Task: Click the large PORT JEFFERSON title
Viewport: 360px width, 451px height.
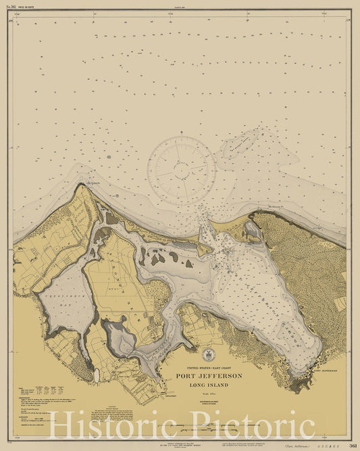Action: point(209,376)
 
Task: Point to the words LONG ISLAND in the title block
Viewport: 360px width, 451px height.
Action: point(209,385)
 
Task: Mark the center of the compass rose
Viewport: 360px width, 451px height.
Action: point(181,170)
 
